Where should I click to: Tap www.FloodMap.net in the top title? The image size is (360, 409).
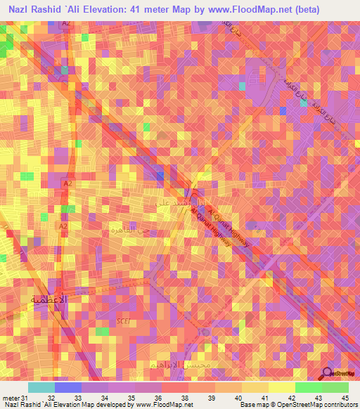click(242, 10)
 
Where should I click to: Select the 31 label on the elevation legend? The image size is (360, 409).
click(25, 398)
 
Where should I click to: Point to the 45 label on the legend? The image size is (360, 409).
click(345, 398)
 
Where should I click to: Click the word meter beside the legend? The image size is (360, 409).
click(10, 398)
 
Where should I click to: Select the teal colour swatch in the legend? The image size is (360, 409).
click(41, 387)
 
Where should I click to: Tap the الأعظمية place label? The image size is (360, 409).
click(50, 299)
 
